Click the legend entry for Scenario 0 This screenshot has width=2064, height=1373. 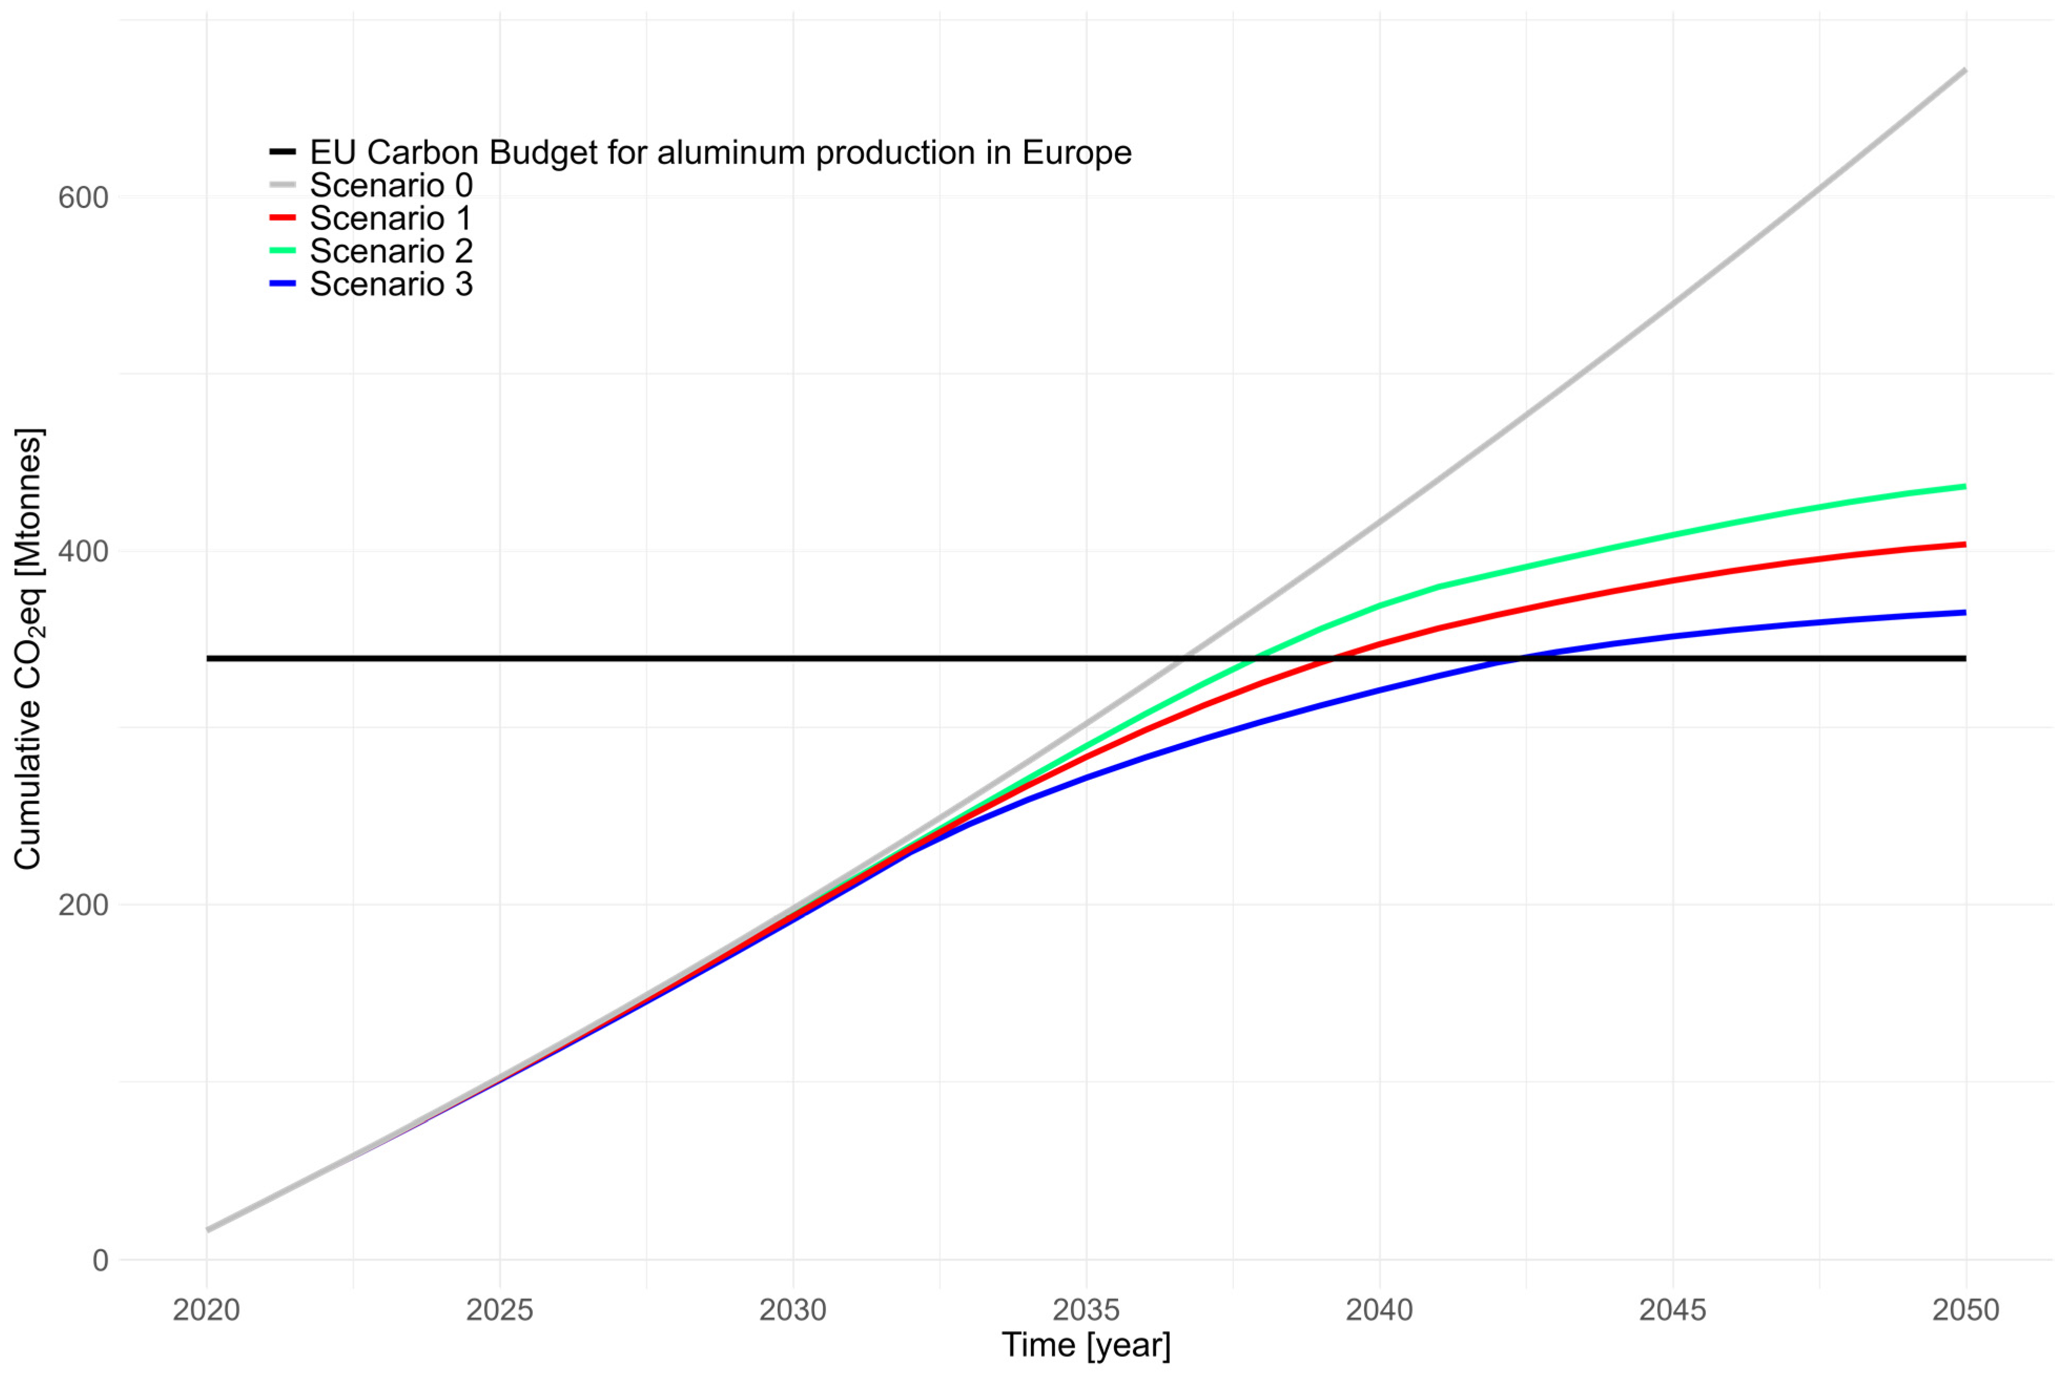391,186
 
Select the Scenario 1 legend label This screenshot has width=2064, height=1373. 391,218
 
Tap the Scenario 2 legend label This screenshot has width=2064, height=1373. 391,251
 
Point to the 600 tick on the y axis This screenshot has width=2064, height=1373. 83,198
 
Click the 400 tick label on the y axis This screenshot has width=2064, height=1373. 83,552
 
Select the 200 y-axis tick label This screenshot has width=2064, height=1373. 83,905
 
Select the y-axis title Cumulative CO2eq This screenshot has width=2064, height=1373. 28,648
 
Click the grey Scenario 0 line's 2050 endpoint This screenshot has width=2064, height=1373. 1965,70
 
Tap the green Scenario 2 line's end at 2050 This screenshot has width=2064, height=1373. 1965,486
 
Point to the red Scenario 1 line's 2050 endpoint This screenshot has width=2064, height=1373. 1965,544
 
